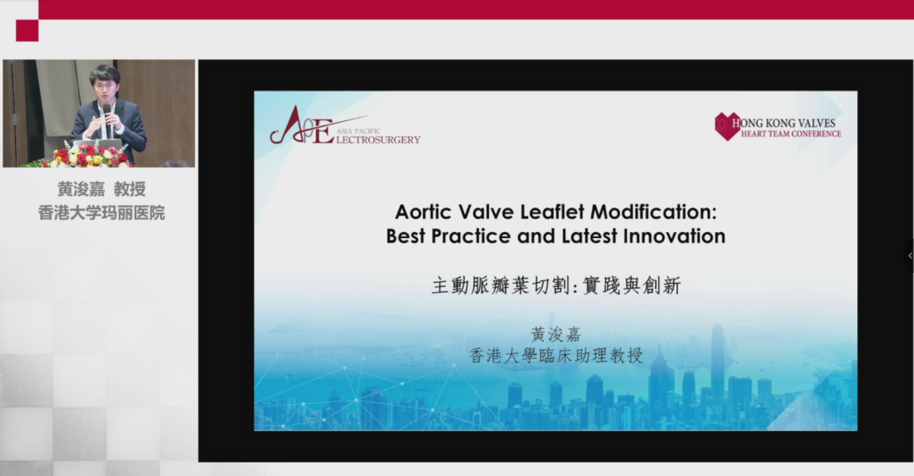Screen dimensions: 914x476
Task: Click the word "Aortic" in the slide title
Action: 423,212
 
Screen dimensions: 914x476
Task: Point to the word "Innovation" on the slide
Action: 674,236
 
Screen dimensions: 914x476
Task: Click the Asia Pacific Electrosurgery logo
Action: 344,126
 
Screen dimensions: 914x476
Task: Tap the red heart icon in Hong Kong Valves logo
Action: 728,126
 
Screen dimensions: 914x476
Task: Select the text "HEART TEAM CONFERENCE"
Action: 791,134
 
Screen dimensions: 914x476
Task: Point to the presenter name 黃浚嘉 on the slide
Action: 556,335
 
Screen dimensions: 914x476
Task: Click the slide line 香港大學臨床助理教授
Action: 556,355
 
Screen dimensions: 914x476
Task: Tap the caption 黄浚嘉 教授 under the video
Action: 102,189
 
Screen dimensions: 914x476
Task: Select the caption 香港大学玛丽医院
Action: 102,213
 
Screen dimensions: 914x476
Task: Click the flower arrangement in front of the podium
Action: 87,155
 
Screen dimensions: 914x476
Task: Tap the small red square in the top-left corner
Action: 27,30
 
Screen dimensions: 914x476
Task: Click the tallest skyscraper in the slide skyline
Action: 717,362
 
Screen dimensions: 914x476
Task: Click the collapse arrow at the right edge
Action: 910,256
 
